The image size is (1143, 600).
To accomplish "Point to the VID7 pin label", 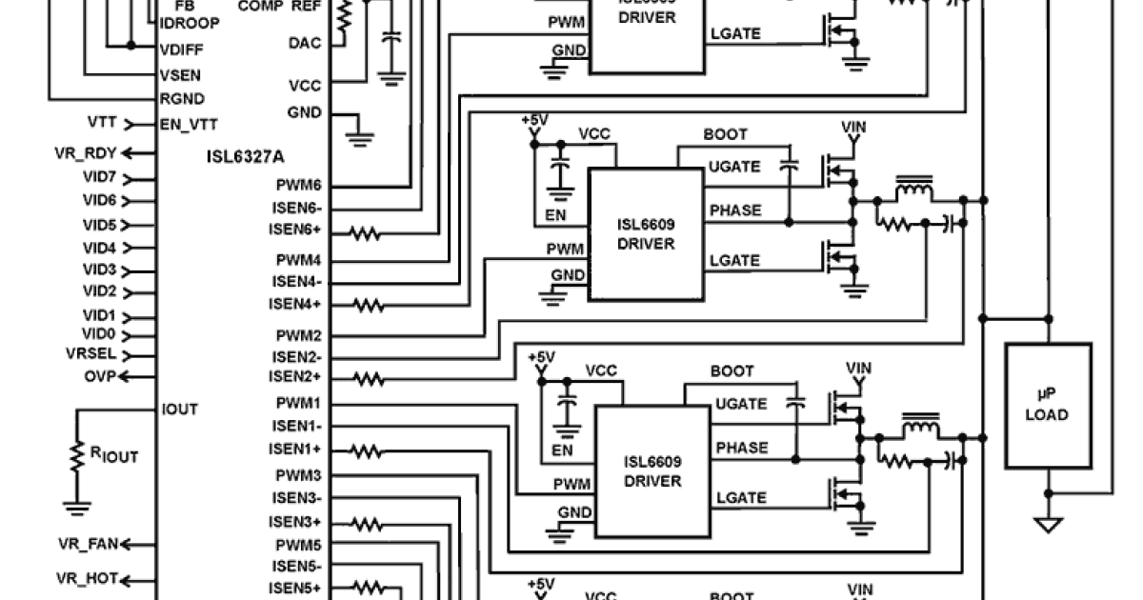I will pyautogui.click(x=99, y=178).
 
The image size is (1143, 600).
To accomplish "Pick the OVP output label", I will pyautogui.click(x=98, y=375).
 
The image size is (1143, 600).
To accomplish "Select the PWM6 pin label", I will pyautogui.click(x=298, y=187).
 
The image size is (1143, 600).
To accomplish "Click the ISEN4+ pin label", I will pyautogui.click(x=295, y=305).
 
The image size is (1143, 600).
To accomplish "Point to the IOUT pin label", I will pyautogui.click(x=179, y=410).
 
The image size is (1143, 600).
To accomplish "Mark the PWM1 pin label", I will pyautogui.click(x=298, y=404).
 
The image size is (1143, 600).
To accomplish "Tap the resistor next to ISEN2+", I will pyautogui.click(x=369, y=379).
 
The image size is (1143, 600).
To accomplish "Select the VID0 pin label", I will pyautogui.click(x=99, y=334).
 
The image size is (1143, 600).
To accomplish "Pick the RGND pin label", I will pyautogui.click(x=182, y=99).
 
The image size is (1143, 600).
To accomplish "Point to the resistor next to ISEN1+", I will pyautogui.click(x=369, y=450).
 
